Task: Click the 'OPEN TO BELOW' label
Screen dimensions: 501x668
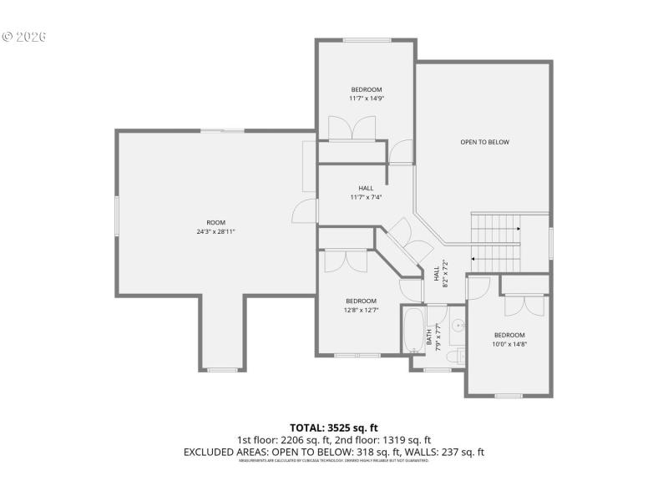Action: click(x=484, y=142)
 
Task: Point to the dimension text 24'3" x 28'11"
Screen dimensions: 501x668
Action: click(x=210, y=231)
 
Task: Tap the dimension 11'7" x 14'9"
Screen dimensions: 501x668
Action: click(x=366, y=99)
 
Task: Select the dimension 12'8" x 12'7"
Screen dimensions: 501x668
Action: click(x=361, y=310)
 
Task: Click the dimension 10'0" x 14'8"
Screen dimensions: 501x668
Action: click(x=509, y=343)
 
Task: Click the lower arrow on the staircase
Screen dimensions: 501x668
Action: click(x=475, y=260)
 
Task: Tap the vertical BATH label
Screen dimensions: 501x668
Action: click(x=430, y=337)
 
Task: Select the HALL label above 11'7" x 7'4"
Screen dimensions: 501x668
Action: click(x=366, y=188)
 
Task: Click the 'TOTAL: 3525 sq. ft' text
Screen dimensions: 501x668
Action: click(x=333, y=428)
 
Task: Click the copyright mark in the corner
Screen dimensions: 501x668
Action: click(x=8, y=38)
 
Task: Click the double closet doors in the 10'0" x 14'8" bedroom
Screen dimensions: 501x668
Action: click(x=525, y=304)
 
